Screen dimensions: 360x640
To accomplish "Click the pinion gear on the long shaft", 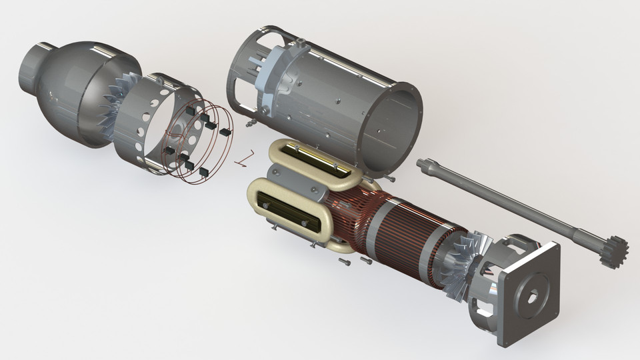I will (612, 251).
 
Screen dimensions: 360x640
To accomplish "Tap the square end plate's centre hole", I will (531, 297).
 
